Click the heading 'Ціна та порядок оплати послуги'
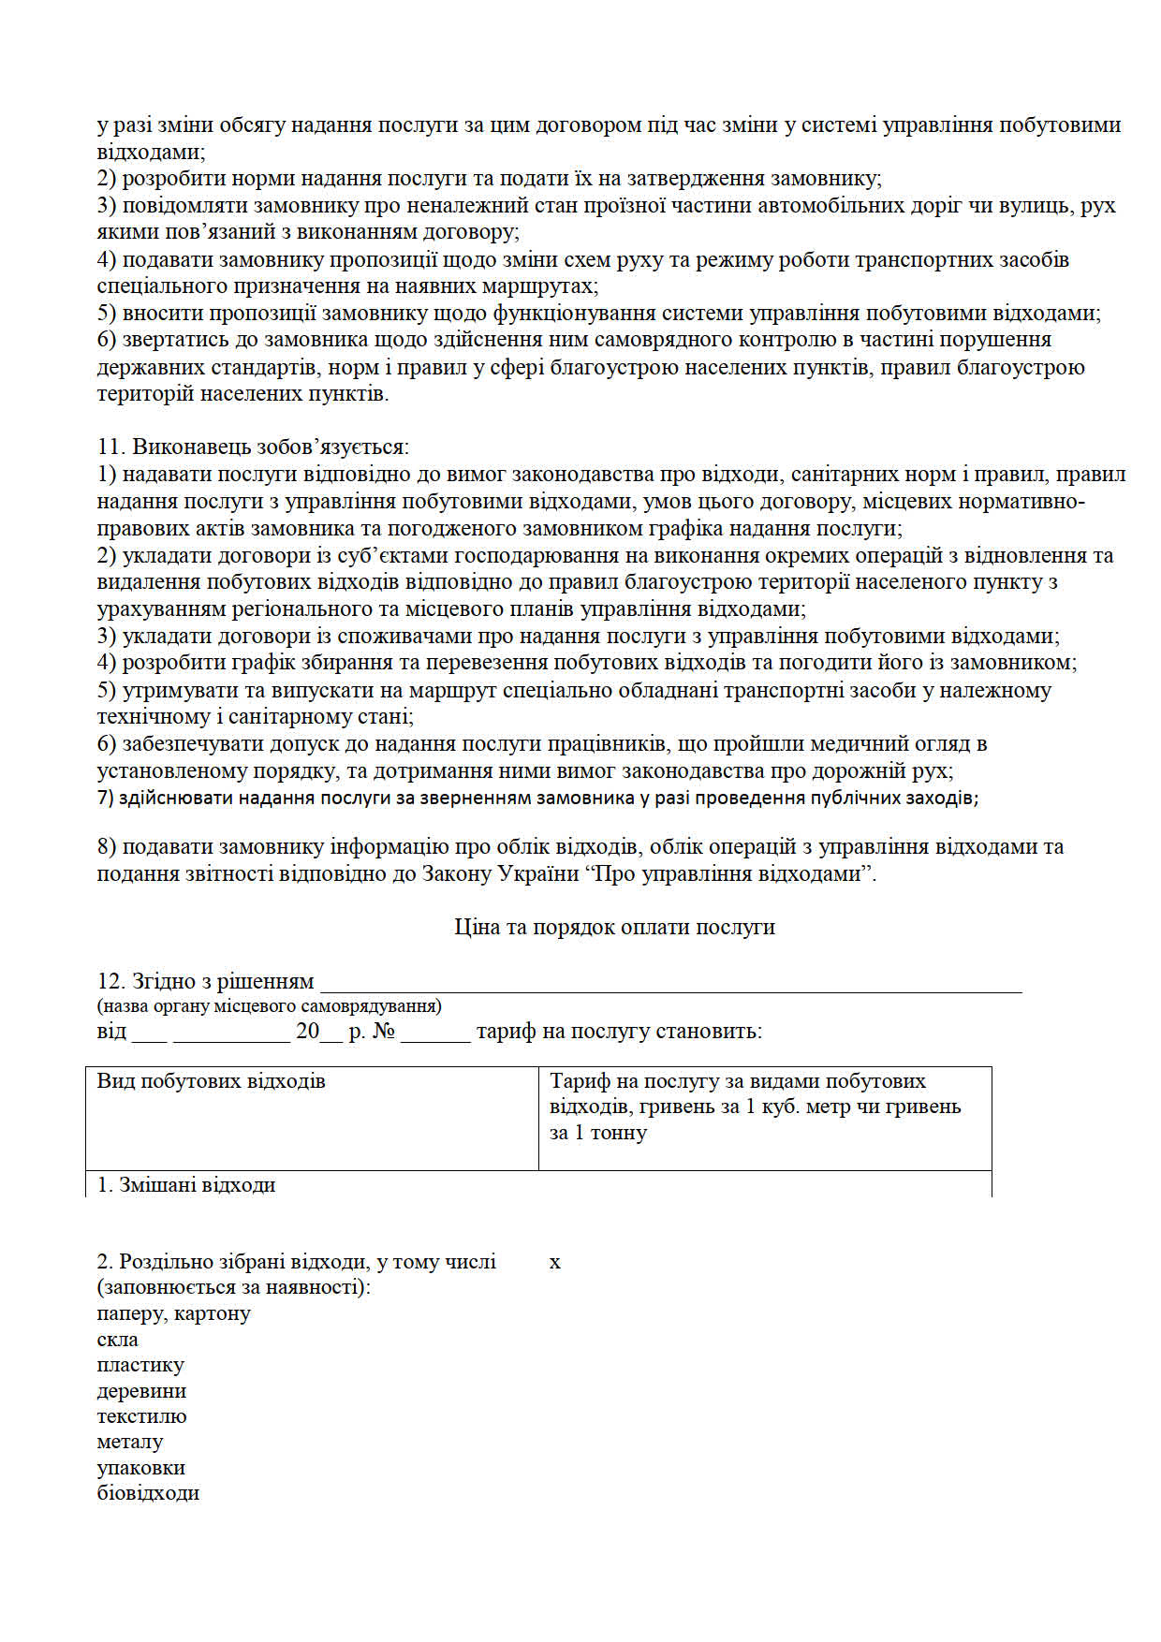[614, 927]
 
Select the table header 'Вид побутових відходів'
[211, 1081]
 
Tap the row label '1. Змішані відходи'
[186, 1185]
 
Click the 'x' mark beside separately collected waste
[555, 1262]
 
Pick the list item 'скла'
[117, 1340]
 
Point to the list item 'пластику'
[140, 1365]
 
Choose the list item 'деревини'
[141, 1391]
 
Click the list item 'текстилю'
[141, 1416]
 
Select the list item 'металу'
[129, 1443]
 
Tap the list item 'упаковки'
[140, 1468]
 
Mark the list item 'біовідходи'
[148, 1493]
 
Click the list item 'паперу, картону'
[173, 1313]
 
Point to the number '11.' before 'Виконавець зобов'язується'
[111, 447]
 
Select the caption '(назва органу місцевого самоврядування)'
[269, 1006]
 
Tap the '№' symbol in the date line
[384, 1032]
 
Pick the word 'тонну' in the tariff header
[619, 1133]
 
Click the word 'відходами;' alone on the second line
[151, 152]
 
